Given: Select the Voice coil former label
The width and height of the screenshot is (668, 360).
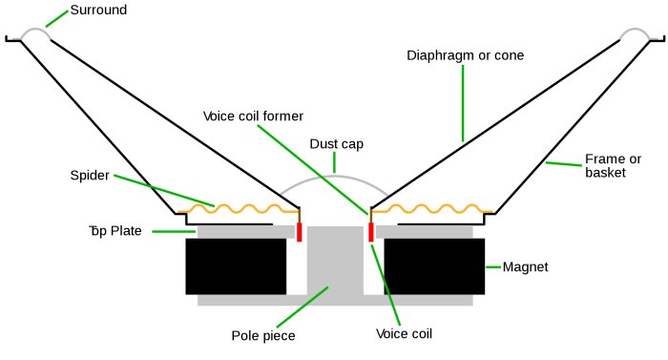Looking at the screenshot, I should point(253,116).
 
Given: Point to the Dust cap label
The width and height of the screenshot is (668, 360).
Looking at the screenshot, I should point(336,144).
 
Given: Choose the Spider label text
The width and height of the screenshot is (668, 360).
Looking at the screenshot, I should point(90,176).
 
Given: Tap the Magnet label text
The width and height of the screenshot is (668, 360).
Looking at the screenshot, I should point(525,266).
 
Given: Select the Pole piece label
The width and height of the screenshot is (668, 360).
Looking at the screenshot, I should point(263,335).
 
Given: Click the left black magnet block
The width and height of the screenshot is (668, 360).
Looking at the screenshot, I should point(236,266).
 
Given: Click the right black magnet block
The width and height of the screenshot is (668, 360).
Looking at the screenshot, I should point(434,266).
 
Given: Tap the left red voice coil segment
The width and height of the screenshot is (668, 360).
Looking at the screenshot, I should point(300,231).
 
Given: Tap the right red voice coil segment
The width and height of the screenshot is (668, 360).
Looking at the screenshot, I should point(370,231).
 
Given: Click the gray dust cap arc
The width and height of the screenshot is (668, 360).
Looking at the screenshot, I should point(334,174).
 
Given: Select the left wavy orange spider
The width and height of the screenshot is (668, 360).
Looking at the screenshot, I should point(239,208).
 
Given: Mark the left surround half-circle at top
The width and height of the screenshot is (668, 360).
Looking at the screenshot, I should point(34,32).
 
